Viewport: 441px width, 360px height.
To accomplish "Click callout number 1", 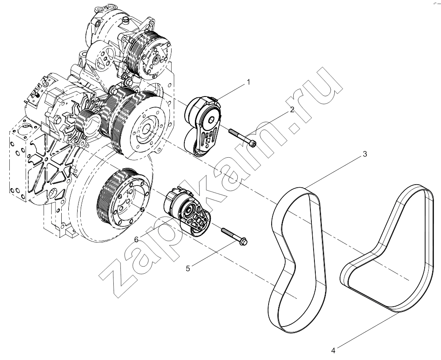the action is pyautogui.click(x=248, y=82).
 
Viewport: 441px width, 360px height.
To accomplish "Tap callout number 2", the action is pyautogui.click(x=292, y=110).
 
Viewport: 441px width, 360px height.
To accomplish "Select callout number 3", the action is pyautogui.click(x=365, y=154).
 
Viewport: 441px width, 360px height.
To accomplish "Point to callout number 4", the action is pyautogui.click(x=333, y=350).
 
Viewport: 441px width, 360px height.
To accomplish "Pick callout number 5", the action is pyautogui.click(x=188, y=269).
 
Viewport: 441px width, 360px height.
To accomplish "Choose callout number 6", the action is pyautogui.click(x=136, y=239).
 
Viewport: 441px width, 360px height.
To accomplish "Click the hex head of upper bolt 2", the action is pyautogui.click(x=253, y=144).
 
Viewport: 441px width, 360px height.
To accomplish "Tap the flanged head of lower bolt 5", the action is pyautogui.click(x=243, y=241).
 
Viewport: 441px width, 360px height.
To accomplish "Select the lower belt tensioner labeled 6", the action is pyautogui.click(x=187, y=212).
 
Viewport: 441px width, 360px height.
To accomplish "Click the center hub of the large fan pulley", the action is pyautogui.click(x=146, y=129).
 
